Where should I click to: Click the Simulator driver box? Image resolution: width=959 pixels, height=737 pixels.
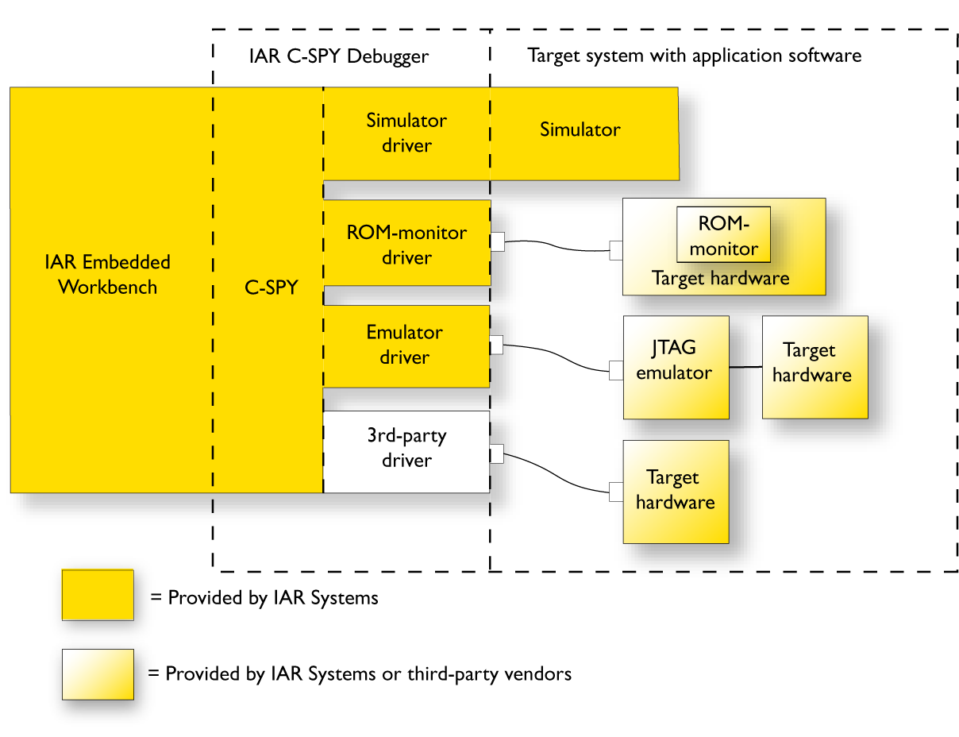[x=406, y=133]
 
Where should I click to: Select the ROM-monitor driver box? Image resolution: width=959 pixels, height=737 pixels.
[x=406, y=245]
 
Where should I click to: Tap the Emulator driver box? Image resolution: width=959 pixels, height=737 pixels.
[x=406, y=345]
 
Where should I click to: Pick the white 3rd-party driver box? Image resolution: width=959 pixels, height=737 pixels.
[x=406, y=450]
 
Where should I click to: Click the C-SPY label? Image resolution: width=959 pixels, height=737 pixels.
[x=270, y=287]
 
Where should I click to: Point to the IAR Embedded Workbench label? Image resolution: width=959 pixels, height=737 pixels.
[x=107, y=275]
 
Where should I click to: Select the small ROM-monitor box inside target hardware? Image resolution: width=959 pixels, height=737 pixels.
[x=723, y=235]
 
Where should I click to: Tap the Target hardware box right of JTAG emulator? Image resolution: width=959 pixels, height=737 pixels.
[x=815, y=367]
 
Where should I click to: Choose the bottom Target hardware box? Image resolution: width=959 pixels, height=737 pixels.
[x=676, y=491]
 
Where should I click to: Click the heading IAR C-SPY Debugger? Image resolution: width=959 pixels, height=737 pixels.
[x=338, y=56]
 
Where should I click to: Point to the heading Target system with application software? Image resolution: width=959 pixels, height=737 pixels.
[x=694, y=56]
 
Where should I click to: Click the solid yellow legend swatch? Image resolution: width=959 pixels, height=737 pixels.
[x=98, y=594]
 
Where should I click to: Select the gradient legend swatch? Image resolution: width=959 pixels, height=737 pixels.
[x=98, y=674]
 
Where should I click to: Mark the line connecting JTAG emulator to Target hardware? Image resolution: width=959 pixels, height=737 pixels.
[x=745, y=367]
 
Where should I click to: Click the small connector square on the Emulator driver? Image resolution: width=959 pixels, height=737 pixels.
[x=497, y=345]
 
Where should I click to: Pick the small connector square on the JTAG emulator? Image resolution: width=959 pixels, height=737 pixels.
[x=616, y=370]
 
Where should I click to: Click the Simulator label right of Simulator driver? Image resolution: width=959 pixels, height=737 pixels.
[x=580, y=129]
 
